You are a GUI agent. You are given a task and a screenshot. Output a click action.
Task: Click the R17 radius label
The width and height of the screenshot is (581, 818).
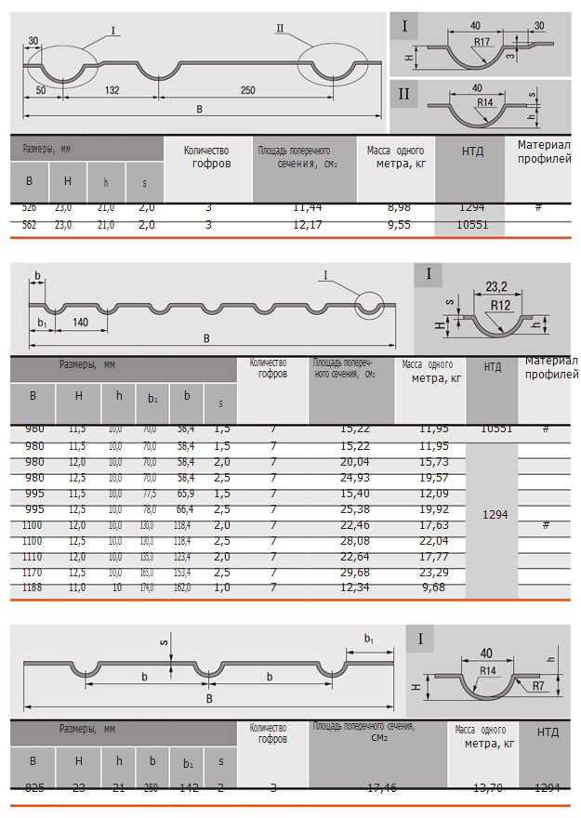point(481,43)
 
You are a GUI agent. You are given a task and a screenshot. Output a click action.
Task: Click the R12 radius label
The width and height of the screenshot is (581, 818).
point(501,305)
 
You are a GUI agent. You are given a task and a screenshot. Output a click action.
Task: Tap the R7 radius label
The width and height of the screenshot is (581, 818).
point(544,686)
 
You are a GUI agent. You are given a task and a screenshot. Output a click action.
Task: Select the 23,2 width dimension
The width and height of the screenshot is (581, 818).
point(496,286)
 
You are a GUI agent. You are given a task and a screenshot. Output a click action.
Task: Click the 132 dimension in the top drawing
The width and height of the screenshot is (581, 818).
point(112,90)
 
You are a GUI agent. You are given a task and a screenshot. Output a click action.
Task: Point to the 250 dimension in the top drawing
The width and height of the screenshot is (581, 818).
point(248,90)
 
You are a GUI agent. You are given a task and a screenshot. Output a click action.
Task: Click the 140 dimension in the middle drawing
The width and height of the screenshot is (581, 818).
point(80,322)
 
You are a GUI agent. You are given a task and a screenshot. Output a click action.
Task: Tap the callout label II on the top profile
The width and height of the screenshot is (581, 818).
point(280,29)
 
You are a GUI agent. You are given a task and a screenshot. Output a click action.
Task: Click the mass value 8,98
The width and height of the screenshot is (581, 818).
point(398,208)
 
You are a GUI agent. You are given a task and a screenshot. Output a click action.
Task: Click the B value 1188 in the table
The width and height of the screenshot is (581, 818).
point(33,587)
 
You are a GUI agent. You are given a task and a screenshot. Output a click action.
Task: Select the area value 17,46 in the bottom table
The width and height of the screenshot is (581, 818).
point(382,788)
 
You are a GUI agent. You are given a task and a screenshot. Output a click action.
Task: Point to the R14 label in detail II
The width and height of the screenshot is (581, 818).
point(484,101)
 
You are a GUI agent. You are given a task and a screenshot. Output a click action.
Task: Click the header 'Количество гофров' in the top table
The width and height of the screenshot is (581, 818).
point(207,157)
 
